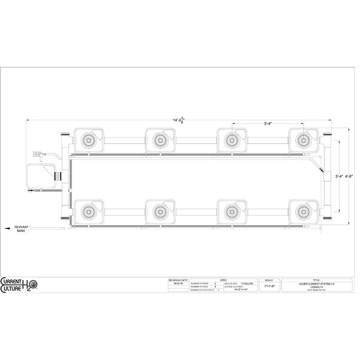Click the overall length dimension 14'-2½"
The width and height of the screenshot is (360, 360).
(178, 119)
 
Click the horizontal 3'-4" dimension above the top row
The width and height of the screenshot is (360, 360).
(268, 123)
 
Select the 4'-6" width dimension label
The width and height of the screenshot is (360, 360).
(349, 176)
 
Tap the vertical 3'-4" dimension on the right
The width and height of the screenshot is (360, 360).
(339, 176)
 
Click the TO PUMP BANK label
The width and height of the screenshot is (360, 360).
(20, 229)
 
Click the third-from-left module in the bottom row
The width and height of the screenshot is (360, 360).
(233, 211)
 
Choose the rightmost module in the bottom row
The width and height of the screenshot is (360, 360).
(305, 211)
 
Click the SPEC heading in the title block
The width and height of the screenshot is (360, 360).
(223, 280)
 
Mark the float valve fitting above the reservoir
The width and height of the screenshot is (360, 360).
(38, 153)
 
